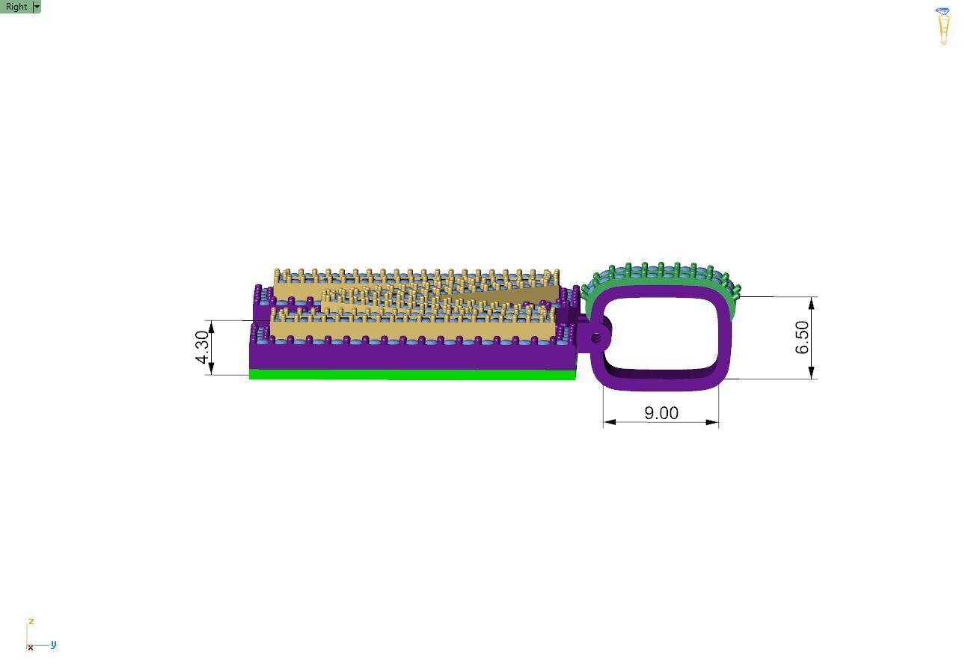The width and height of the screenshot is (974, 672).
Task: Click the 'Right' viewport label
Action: [16, 7]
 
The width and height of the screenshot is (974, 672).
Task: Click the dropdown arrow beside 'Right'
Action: [37, 7]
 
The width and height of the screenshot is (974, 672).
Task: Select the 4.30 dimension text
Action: [202, 347]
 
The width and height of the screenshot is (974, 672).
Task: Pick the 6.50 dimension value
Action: [802, 337]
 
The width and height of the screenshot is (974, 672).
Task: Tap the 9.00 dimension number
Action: [661, 413]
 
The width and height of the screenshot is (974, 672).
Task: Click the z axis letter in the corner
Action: [31, 621]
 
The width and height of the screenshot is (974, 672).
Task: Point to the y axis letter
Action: [53, 644]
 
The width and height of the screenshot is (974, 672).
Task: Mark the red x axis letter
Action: [31, 647]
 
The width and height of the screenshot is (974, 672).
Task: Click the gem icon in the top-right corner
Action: [943, 26]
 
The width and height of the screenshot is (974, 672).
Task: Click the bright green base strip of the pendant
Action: [413, 374]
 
